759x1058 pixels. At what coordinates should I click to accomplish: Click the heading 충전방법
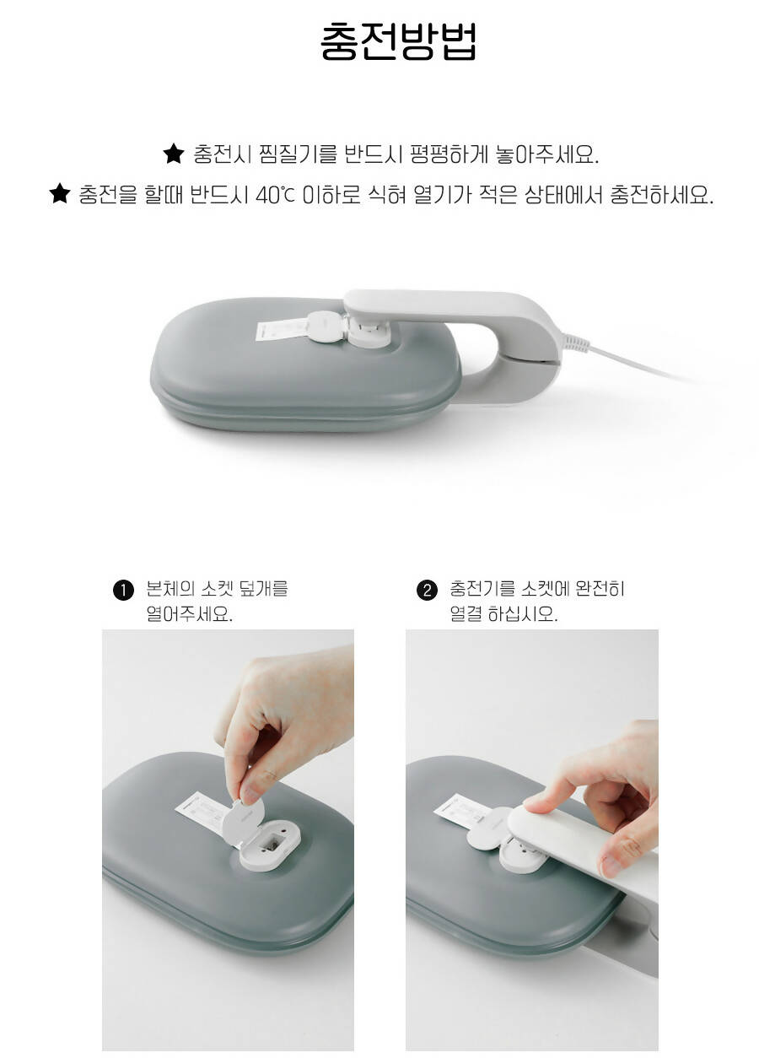398,41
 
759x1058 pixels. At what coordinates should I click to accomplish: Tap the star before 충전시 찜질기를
173,154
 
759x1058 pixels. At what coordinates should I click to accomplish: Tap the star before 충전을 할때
60,194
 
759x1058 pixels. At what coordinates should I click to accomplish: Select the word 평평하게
448,154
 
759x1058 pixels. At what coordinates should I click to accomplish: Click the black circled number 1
123,591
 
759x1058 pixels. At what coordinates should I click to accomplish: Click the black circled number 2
427,591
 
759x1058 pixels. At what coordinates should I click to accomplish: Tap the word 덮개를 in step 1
263,589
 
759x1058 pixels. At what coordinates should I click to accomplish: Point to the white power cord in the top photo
638,364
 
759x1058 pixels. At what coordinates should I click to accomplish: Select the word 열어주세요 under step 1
189,614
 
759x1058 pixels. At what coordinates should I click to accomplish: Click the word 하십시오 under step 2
523,614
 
